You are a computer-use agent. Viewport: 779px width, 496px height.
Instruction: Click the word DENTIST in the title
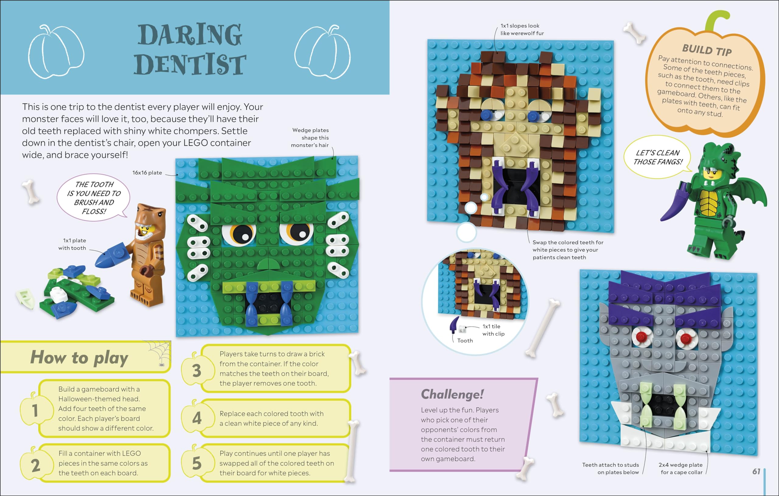click(x=190, y=64)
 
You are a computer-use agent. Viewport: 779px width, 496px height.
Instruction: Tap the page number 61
click(x=756, y=471)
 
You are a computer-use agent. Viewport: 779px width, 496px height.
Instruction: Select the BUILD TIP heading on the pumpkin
click(x=707, y=50)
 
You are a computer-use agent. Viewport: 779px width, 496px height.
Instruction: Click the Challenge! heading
click(x=452, y=394)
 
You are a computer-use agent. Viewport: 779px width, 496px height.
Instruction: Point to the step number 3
click(x=197, y=370)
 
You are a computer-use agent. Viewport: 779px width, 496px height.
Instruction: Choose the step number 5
click(x=197, y=463)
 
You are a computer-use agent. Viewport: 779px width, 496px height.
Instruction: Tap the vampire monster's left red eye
click(x=641, y=337)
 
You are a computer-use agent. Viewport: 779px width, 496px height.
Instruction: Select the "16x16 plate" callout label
click(x=147, y=173)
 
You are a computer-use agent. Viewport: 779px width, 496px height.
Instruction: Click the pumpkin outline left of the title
click(x=56, y=52)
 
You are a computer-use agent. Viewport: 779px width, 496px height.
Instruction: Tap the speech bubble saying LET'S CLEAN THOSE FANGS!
click(x=657, y=157)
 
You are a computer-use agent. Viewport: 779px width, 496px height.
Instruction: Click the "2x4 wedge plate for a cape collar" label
click(x=681, y=469)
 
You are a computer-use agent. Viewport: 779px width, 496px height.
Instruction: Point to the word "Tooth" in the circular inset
click(x=465, y=341)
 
